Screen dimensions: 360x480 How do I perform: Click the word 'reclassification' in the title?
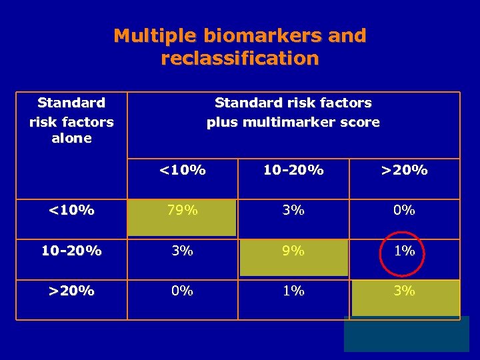tap(240, 59)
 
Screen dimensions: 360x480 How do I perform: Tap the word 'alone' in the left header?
tap(71, 139)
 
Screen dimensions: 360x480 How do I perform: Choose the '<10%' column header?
tap(182, 170)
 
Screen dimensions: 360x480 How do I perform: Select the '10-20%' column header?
tap(293, 170)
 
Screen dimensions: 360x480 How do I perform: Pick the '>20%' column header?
tap(404, 170)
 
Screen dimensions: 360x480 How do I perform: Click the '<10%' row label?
tap(71, 211)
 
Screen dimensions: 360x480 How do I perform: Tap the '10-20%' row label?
tap(71, 251)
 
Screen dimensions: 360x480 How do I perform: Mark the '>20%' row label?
tap(71, 291)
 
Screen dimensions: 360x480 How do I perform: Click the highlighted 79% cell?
tap(182, 211)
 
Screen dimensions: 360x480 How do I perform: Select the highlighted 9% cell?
tap(293, 251)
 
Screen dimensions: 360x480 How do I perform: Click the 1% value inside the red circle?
tap(404, 251)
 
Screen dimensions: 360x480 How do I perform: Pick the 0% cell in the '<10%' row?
tap(404, 211)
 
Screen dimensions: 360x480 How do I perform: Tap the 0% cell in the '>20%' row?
tap(182, 291)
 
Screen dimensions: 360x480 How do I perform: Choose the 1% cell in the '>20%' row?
tap(293, 291)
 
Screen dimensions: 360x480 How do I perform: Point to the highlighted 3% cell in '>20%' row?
tap(404, 291)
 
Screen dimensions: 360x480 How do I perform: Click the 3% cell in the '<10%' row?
tap(293, 211)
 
